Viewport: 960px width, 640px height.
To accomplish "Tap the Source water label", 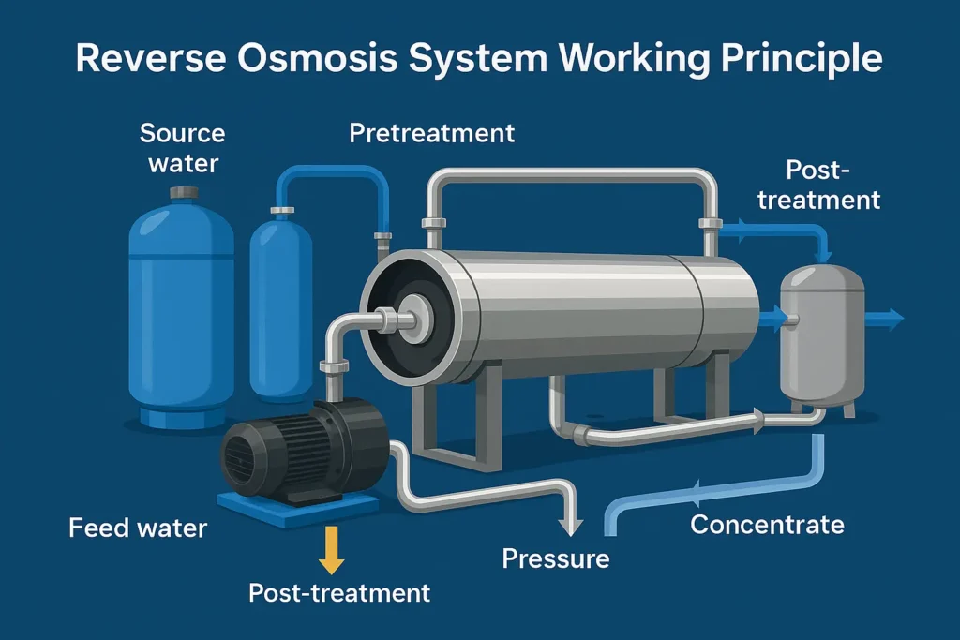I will pyautogui.click(x=183, y=147).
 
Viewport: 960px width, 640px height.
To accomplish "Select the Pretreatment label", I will pyautogui.click(x=431, y=132).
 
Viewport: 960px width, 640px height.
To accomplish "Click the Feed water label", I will pyautogui.click(x=138, y=528).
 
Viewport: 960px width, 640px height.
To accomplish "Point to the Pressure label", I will pyautogui.click(x=555, y=559).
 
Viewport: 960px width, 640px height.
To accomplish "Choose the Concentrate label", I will pyautogui.click(x=767, y=524).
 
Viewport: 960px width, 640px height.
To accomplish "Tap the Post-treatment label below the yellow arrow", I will pyautogui.click(x=339, y=592).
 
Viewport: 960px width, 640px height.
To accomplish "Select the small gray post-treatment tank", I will pyautogui.click(x=822, y=337).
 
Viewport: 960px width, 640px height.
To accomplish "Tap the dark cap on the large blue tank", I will pyautogui.click(x=183, y=192).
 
